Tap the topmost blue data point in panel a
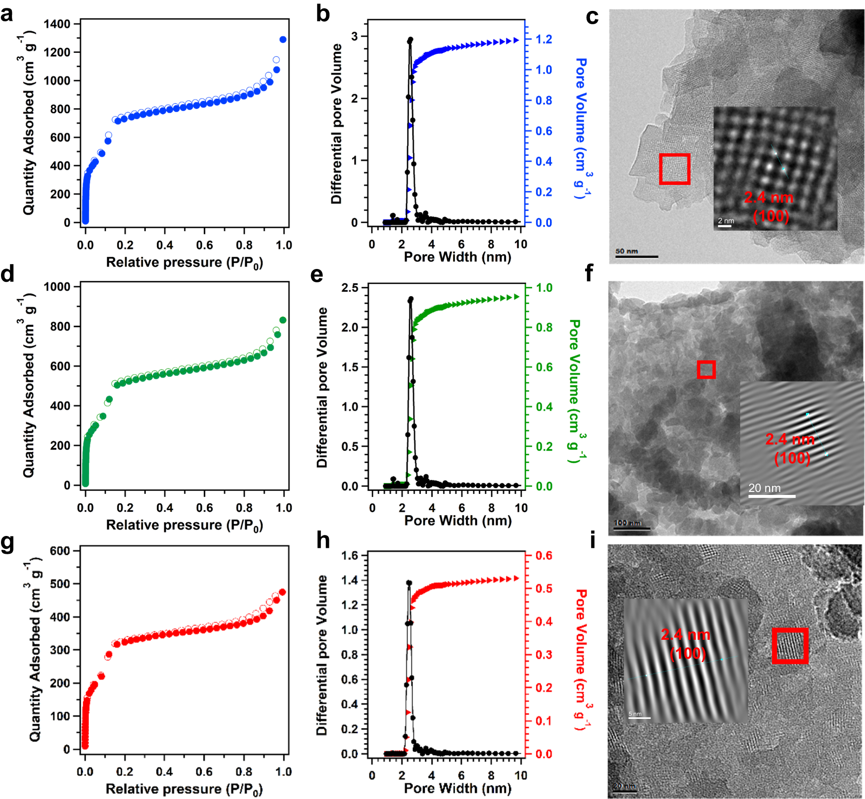tap(283, 40)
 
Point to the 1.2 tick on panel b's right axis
tap(544, 39)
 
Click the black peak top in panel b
tap(410, 40)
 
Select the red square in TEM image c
tap(675, 169)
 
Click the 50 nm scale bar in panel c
tap(637, 256)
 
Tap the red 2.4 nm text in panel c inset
tap(769, 198)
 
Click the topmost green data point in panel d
tap(283, 320)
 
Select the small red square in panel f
tap(706, 370)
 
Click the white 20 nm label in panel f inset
tap(764, 488)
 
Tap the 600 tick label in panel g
tap(60, 551)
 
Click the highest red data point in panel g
tap(282, 592)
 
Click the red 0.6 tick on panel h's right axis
tap(544, 556)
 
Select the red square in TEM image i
tap(790, 646)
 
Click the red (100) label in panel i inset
tap(688, 654)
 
